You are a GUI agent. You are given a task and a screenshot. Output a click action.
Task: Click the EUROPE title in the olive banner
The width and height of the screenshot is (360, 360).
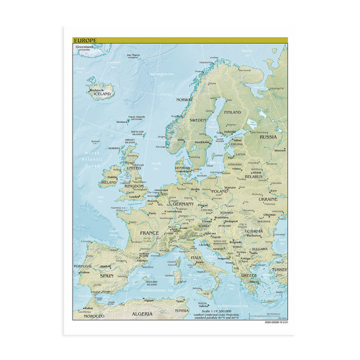[x=84, y=40]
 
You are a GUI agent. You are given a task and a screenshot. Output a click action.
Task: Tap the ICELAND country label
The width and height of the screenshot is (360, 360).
[x=103, y=94]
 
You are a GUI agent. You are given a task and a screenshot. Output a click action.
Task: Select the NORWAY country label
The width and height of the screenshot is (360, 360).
[x=184, y=100]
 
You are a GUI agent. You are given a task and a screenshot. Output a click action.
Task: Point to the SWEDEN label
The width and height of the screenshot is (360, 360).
[x=198, y=120]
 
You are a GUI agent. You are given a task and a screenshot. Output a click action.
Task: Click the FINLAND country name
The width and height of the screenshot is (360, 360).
[x=232, y=112]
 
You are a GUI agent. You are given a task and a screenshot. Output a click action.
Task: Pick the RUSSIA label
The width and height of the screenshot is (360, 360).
[x=268, y=137]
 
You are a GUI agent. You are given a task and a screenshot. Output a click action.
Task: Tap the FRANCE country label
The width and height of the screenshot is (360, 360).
[x=150, y=232]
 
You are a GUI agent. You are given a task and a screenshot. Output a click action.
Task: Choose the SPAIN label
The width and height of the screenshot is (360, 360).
[x=107, y=275]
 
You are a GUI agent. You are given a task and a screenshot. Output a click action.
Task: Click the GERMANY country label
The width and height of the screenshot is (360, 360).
[x=184, y=204]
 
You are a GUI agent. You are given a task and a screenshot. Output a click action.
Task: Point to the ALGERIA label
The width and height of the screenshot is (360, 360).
[x=142, y=314]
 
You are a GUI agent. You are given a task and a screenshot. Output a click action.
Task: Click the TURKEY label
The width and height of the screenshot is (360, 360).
[x=280, y=270]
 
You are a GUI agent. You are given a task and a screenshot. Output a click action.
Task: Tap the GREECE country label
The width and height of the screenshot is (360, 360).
[x=248, y=275]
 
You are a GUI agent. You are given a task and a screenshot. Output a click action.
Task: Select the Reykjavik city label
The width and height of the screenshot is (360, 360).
[x=98, y=89]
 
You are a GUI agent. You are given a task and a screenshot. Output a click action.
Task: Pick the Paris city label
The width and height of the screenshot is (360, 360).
[x=152, y=213]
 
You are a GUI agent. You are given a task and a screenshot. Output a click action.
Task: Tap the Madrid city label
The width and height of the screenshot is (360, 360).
[x=105, y=266]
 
